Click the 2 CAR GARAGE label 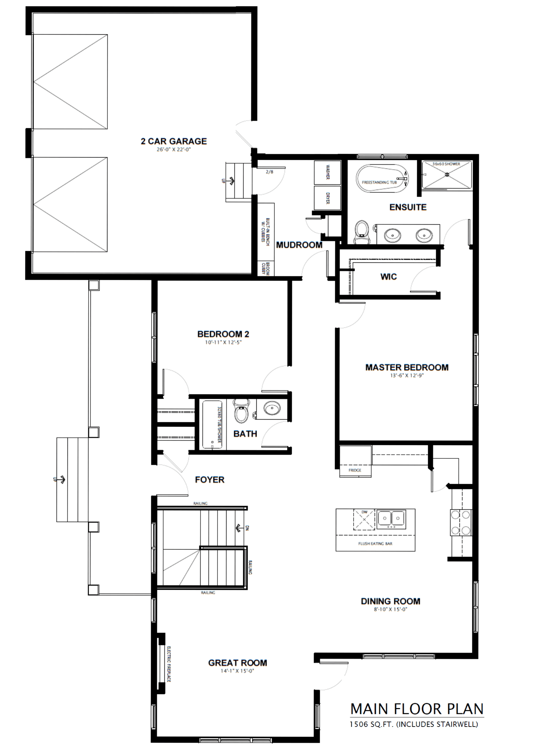click(x=174, y=141)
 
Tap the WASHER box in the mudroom click(x=328, y=172)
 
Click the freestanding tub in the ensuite click(x=382, y=177)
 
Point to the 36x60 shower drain click(x=447, y=175)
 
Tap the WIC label click(x=388, y=277)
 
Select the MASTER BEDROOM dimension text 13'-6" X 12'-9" click(x=407, y=375)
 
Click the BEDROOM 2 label click(x=223, y=334)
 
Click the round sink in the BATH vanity click(x=271, y=408)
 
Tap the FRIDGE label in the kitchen click(x=355, y=470)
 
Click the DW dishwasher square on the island click(x=364, y=520)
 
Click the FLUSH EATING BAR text click(x=375, y=544)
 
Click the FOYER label click(x=210, y=480)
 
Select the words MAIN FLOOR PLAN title click(x=417, y=709)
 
